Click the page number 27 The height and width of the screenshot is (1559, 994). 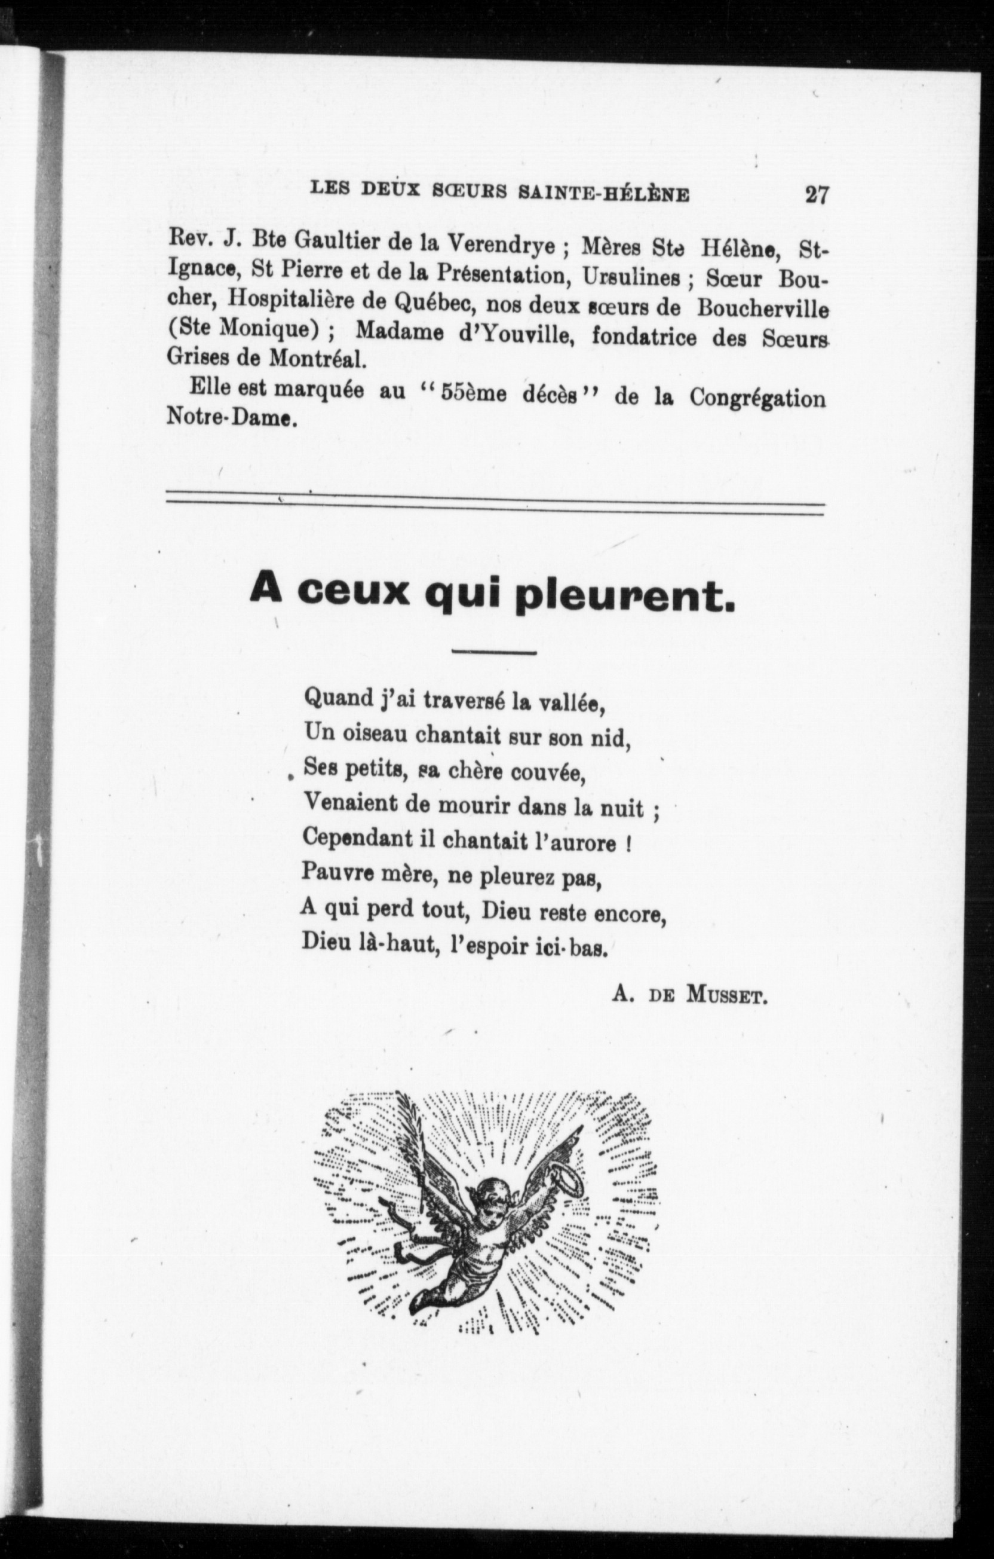click(816, 195)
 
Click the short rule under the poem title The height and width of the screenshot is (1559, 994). click(495, 652)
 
